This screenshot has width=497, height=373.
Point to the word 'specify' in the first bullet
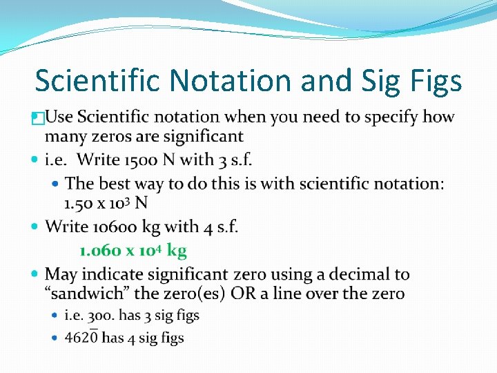click(393, 117)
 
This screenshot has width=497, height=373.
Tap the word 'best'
click(116, 183)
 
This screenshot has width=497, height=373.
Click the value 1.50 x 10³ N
click(106, 203)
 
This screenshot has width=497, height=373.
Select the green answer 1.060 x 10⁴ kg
click(133, 250)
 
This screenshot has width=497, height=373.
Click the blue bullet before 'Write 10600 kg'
click(37, 227)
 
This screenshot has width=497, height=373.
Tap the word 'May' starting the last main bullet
click(62, 275)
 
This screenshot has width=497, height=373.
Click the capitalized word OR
click(243, 294)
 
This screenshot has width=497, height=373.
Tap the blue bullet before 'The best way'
click(57, 184)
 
